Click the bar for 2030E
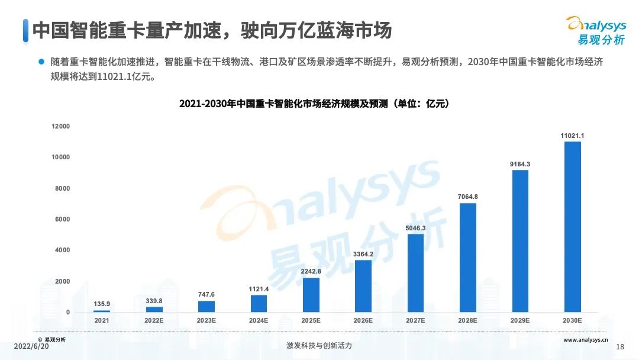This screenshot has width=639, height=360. [x=572, y=227]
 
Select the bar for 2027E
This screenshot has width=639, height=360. [x=415, y=273]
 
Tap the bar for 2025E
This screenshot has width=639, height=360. [x=311, y=295]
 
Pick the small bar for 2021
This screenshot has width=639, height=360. [x=102, y=311]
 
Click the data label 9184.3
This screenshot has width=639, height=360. [x=520, y=164]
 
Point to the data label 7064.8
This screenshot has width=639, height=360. [x=467, y=197]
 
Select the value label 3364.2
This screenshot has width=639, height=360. [x=363, y=254]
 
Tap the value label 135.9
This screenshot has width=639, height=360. [x=102, y=304]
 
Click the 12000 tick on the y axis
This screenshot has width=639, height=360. [x=60, y=126]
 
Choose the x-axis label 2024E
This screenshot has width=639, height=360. [x=259, y=320]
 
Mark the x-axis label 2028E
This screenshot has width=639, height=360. [x=467, y=320]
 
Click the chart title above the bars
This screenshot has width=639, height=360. [x=314, y=104]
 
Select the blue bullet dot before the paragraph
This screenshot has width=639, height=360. [x=41, y=61]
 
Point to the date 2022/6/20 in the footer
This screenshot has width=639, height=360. [x=31, y=346]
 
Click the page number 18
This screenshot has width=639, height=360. [x=620, y=346]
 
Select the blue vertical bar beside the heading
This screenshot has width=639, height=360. [x=25, y=30]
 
